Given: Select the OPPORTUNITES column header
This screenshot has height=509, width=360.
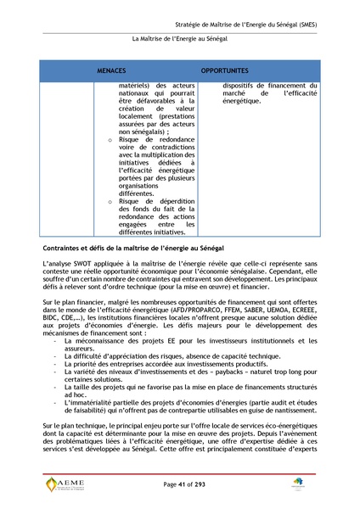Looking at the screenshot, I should [x=225, y=70].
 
